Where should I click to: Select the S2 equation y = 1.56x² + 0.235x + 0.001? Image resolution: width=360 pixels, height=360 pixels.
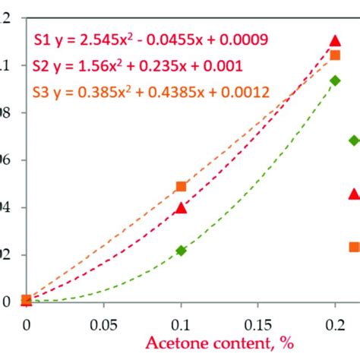click(137, 66)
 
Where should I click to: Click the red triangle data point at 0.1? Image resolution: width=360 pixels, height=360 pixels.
click(181, 207)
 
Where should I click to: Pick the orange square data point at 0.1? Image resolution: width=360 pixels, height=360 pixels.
click(181, 186)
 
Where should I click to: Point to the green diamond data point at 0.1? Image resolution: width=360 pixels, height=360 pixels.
click(181, 250)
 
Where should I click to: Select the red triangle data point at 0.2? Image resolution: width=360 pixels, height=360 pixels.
click(335, 41)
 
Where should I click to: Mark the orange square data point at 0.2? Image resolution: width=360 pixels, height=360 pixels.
click(335, 55)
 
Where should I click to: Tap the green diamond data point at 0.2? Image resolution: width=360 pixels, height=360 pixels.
click(335, 81)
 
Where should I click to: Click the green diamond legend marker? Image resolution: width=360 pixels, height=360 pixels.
click(353, 141)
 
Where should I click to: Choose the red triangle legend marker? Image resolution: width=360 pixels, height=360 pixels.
click(353, 194)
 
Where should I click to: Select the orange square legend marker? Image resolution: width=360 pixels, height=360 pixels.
click(353, 246)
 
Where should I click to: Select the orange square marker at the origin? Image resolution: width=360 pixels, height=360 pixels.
click(27, 300)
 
